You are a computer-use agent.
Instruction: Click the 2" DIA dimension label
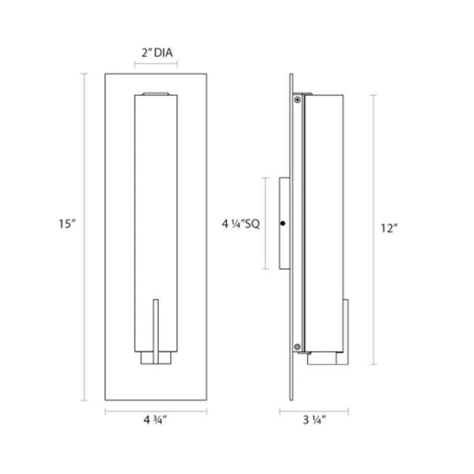pos(157,53)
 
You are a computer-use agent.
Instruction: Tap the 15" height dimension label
pos(67,224)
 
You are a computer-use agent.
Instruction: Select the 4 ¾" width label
pos(155,420)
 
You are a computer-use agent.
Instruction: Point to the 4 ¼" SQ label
pos(241,224)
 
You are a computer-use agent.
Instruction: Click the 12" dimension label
pos(389,229)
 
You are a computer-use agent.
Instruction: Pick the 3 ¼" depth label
pos(315,420)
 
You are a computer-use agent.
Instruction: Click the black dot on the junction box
pos(283,223)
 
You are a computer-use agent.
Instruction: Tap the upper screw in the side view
pos(297,100)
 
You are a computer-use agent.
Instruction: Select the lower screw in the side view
pos(297,347)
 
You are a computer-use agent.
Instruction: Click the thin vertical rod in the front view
pos(156,332)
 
